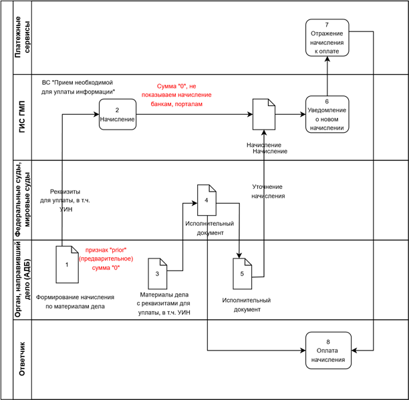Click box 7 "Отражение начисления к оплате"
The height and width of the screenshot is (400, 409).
(327, 38)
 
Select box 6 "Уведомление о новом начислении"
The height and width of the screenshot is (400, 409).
(327, 115)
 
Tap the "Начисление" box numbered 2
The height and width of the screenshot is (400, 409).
(118, 115)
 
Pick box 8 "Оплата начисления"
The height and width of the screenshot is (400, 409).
(327, 351)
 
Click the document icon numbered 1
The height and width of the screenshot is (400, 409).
(67, 264)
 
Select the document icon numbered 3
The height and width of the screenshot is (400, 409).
(157, 274)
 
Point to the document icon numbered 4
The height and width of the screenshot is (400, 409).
(207, 200)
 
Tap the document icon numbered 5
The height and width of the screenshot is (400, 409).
(242, 274)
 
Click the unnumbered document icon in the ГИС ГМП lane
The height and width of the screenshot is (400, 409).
(263, 114)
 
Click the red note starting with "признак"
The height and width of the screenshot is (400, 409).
(106, 258)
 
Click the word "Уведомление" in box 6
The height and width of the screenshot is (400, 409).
(327, 110)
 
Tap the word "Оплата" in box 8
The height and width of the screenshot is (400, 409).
(327, 351)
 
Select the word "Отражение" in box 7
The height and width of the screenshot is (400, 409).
(327, 33)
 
